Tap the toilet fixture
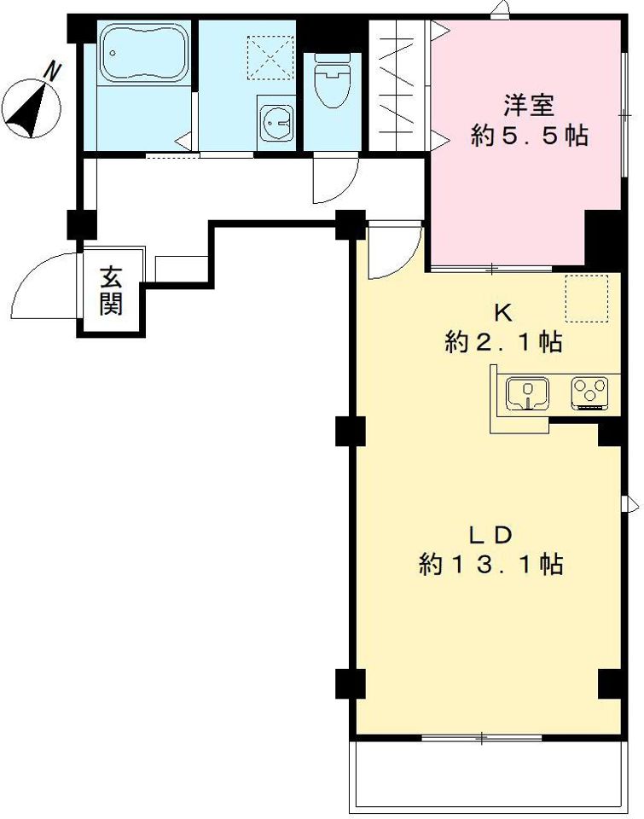(x=332, y=80)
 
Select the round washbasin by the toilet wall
(x=276, y=123)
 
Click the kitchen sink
(x=528, y=393)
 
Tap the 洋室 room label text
(x=529, y=105)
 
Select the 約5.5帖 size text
(x=529, y=136)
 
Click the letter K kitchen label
(x=503, y=312)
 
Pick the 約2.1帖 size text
(x=503, y=343)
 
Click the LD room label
(x=490, y=535)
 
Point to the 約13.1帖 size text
(x=490, y=565)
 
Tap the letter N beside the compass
(x=52, y=71)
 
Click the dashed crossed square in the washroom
(x=270, y=57)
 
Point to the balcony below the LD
(x=489, y=778)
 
